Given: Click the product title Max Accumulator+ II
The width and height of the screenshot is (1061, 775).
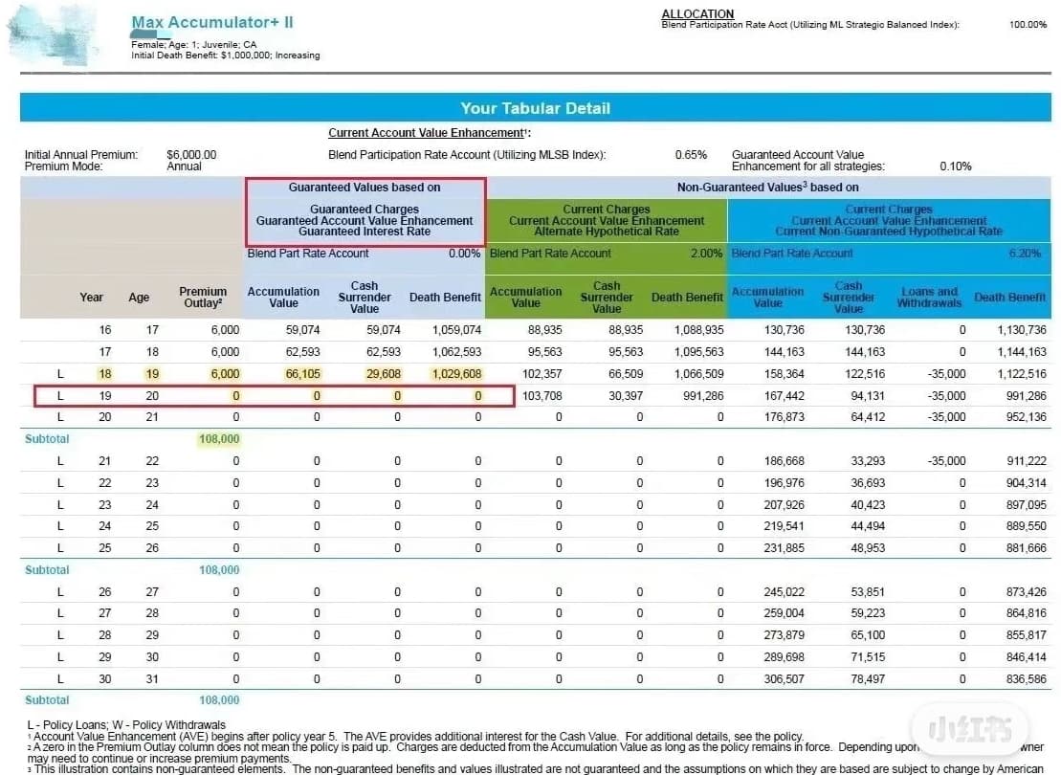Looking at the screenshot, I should pyautogui.click(x=212, y=22).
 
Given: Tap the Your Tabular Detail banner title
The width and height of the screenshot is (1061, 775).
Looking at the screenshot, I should pyautogui.click(x=535, y=108).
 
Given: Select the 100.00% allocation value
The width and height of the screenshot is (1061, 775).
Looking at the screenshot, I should pyautogui.click(x=1028, y=25).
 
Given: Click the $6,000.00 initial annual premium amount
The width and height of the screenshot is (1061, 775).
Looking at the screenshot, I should pyautogui.click(x=191, y=154).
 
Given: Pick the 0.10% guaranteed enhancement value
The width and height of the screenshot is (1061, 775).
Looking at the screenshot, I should pyautogui.click(x=955, y=166).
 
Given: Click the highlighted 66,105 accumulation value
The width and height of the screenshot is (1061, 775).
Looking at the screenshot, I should pyautogui.click(x=302, y=374).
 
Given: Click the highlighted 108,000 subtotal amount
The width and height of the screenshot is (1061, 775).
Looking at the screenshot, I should pyautogui.click(x=219, y=439).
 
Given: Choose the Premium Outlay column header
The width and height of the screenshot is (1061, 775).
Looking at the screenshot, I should pyautogui.click(x=203, y=297).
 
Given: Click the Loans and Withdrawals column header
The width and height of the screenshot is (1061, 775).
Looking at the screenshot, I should pyautogui.click(x=927, y=297).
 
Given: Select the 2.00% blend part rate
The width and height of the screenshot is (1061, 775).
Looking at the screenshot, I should pyautogui.click(x=707, y=254).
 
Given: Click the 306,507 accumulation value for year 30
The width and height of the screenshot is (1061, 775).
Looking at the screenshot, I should pyautogui.click(x=785, y=678).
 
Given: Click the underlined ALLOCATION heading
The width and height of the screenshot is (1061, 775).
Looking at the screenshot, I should pyautogui.click(x=697, y=13).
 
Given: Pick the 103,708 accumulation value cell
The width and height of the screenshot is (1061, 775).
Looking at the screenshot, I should pyautogui.click(x=543, y=395).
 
